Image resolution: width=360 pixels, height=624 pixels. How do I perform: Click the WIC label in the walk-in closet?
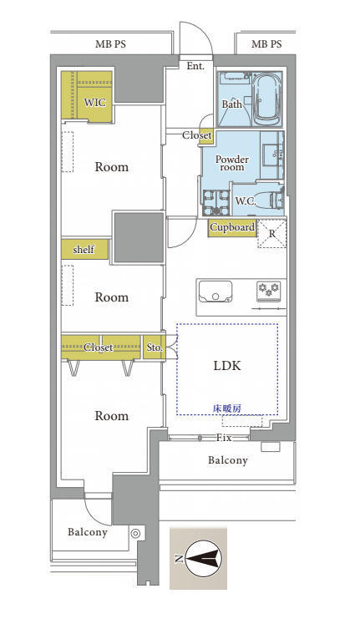coord(95,102)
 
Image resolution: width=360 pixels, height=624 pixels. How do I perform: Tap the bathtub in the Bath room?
coord(267,99)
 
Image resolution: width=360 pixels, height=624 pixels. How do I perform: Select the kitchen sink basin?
coord(215,292)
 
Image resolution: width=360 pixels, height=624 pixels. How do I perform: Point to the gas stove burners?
coord(268,288)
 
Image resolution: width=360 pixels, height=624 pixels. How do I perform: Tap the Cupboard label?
coord(232,228)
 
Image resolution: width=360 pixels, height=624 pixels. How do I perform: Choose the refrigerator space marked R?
coord(272,234)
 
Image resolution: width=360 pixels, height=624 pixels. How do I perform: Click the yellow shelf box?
coord(84,250)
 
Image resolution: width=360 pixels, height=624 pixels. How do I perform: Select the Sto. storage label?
coord(155,348)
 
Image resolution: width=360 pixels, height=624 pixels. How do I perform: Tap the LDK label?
coord(227,366)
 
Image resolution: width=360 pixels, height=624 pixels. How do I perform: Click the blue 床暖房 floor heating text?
coord(226,408)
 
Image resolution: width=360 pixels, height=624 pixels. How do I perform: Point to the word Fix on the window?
coord(224,438)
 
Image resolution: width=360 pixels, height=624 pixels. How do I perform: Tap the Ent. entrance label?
coord(195,66)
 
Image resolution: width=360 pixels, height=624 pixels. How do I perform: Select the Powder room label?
coord(232,163)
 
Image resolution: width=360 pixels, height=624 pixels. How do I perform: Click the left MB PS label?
coord(110,44)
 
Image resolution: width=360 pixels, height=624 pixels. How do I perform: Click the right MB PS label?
coord(266,44)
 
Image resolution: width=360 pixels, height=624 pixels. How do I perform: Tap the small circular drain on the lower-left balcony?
coord(135,534)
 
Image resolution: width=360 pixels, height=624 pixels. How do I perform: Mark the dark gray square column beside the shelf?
coord(139,237)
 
